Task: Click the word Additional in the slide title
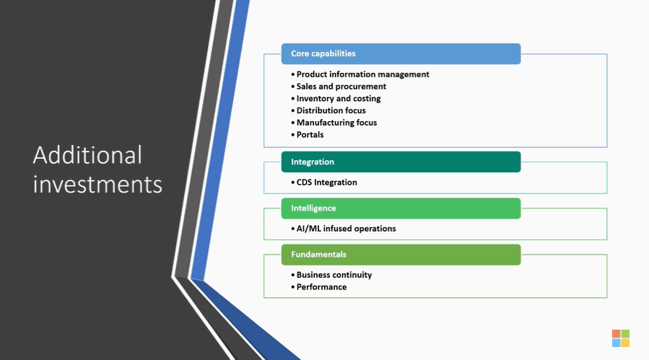pyautogui.click(x=87, y=155)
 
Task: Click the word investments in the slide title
pyautogui.click(x=97, y=184)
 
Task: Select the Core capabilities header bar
pyautogui.click(x=401, y=54)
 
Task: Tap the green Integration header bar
pyautogui.click(x=401, y=162)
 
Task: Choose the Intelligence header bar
pyautogui.click(x=401, y=208)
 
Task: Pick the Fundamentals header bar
pyautogui.click(x=401, y=255)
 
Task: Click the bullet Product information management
pyautogui.click(x=360, y=74)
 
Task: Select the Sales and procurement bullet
pyautogui.click(x=339, y=87)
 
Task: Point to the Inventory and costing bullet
pyautogui.click(x=336, y=99)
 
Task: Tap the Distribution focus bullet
pyautogui.click(x=328, y=110)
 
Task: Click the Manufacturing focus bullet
pyautogui.click(x=334, y=123)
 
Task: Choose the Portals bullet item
pyautogui.click(x=308, y=134)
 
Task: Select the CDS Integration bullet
pyautogui.click(x=324, y=183)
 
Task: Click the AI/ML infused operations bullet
pyautogui.click(x=344, y=229)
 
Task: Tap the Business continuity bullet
pyautogui.click(x=331, y=275)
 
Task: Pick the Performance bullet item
pyautogui.click(x=318, y=286)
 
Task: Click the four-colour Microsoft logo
pyautogui.click(x=621, y=338)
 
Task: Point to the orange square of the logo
pyautogui.click(x=617, y=333)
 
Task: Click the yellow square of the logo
pyautogui.click(x=625, y=343)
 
